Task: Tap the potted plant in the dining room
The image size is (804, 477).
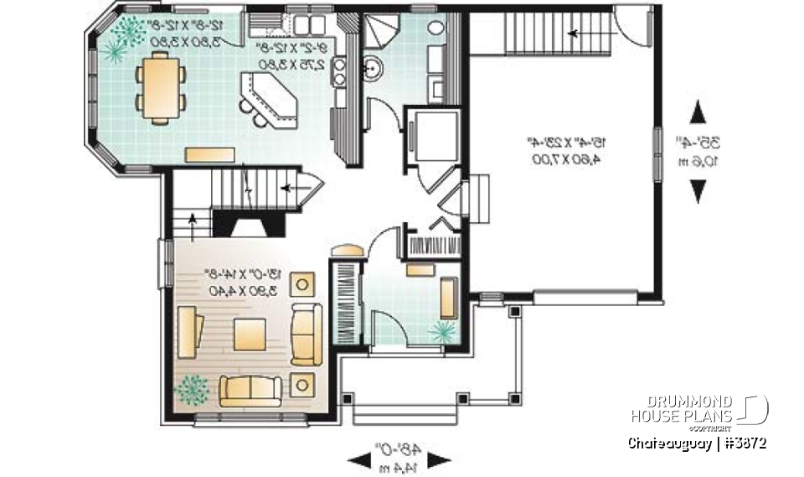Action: tap(123, 36)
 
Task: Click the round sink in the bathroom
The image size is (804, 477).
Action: tap(374, 70)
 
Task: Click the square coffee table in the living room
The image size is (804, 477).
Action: tap(250, 334)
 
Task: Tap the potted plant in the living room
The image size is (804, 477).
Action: tap(193, 388)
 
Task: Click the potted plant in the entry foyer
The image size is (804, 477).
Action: tap(441, 333)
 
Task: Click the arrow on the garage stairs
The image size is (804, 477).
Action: tap(575, 34)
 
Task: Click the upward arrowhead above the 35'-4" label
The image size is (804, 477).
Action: tap(696, 112)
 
